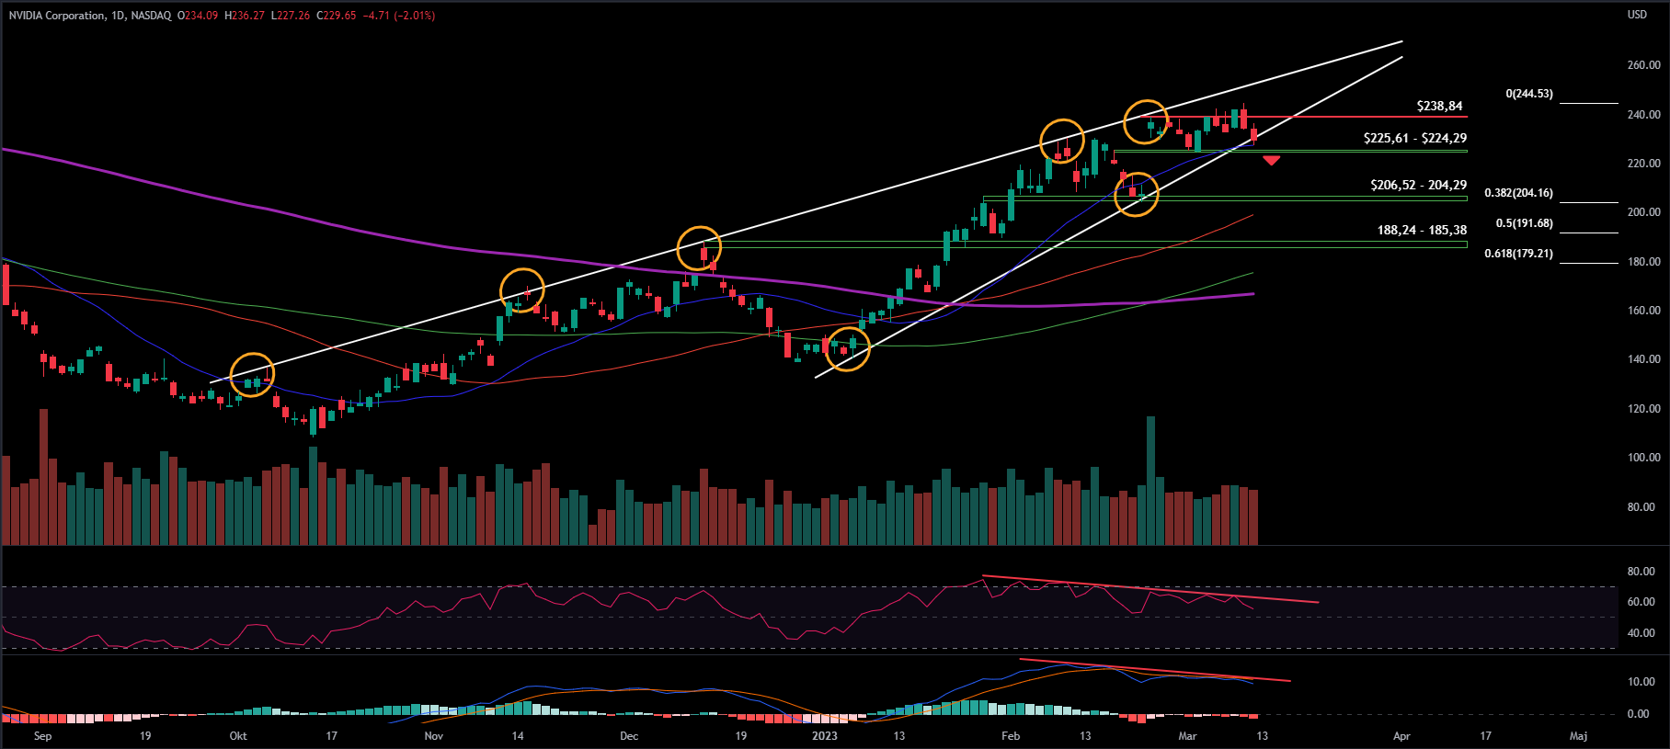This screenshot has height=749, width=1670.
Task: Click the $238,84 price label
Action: (x=1439, y=107)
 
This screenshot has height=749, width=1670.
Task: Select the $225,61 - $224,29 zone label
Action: (x=1414, y=139)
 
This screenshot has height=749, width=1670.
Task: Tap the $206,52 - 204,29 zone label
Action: (x=1418, y=186)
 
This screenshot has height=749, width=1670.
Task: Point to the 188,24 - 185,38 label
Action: (x=1422, y=231)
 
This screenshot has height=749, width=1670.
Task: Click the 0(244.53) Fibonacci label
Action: (x=1528, y=95)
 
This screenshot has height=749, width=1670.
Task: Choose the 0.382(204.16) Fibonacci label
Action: (x=1518, y=194)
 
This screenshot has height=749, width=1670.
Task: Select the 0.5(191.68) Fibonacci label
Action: (x=1524, y=224)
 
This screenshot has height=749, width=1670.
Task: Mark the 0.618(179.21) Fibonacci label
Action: (x=1518, y=254)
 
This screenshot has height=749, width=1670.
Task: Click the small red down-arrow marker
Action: (x=1271, y=161)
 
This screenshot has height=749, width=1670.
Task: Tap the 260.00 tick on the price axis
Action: (x=1643, y=66)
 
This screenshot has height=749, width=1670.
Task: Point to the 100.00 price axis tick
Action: (x=1643, y=458)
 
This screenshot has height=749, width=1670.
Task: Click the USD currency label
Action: (x=1637, y=15)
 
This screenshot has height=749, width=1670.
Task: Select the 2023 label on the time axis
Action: (x=825, y=736)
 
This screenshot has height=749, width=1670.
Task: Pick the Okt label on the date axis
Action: (x=238, y=736)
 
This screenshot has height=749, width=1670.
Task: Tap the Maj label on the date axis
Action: (x=1578, y=736)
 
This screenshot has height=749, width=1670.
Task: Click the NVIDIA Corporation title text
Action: (x=57, y=16)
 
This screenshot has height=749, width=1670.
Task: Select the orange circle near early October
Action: (x=252, y=375)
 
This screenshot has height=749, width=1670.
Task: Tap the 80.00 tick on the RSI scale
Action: (x=1641, y=572)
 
